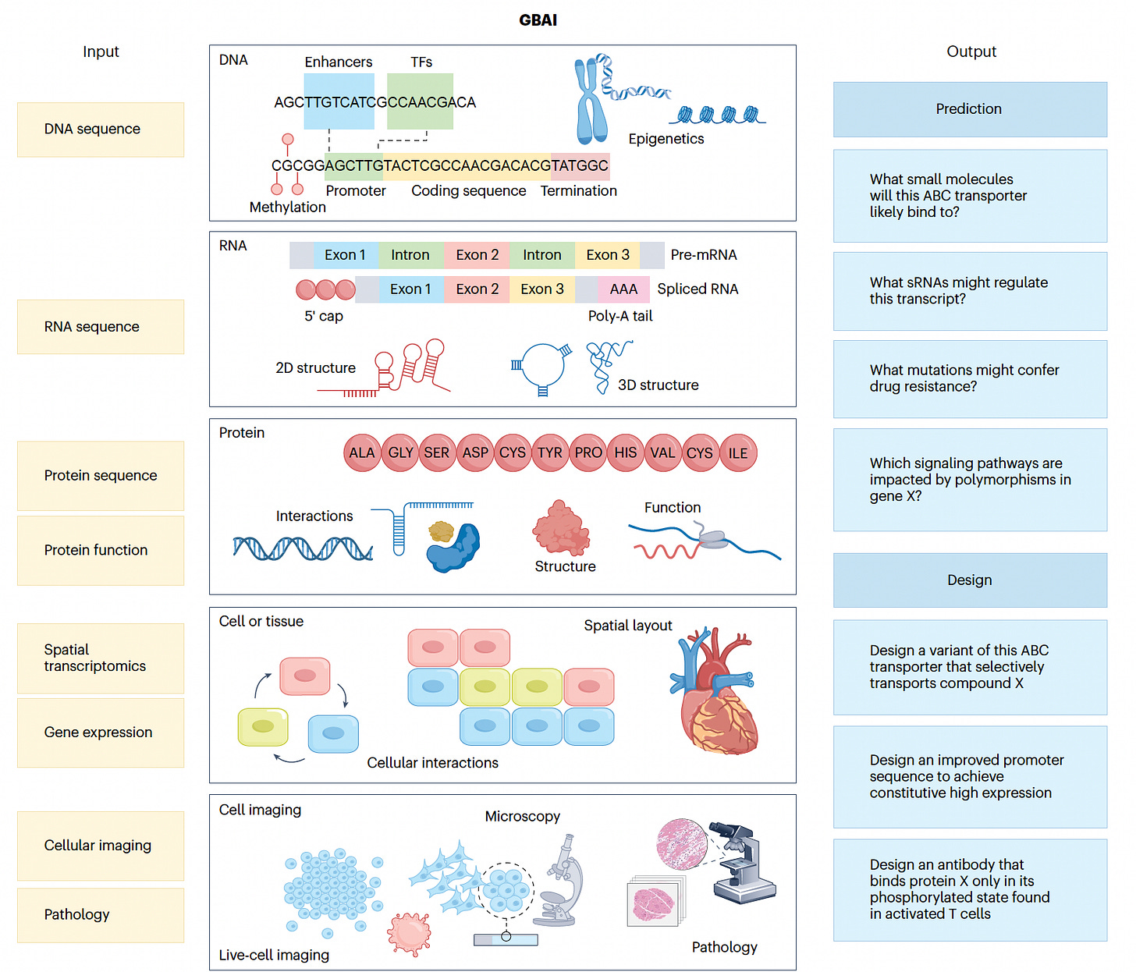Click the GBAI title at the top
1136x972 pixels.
click(x=538, y=20)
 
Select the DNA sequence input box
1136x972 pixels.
click(x=101, y=129)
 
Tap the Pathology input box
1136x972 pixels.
click(x=101, y=915)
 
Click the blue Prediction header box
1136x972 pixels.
click(x=970, y=109)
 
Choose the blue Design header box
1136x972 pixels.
click(x=970, y=580)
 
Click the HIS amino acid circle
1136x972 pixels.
click(x=626, y=452)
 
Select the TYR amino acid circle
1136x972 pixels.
click(x=550, y=452)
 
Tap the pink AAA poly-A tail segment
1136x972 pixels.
click(x=623, y=289)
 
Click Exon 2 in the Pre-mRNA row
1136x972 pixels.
click(x=477, y=255)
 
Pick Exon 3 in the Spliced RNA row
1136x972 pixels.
click(x=542, y=289)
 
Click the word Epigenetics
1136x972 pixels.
click(x=666, y=139)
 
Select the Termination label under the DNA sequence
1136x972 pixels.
click(x=579, y=190)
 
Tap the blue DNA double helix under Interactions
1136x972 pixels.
click(x=303, y=548)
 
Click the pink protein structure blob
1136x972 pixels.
click(x=560, y=527)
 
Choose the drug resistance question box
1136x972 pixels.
click(x=970, y=378)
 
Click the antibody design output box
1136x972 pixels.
click(x=970, y=889)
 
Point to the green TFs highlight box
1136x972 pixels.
click(x=420, y=101)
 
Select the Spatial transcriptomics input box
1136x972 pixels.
click(x=101, y=658)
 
